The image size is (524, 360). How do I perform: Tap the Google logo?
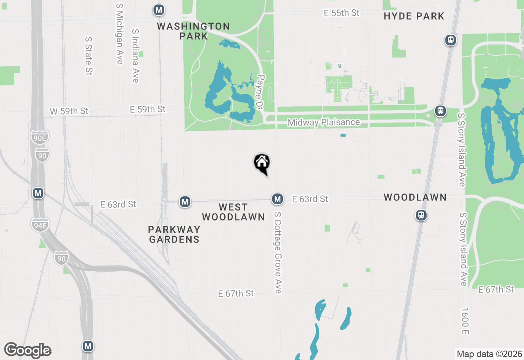[27, 351]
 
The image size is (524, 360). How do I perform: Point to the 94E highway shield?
[40, 225]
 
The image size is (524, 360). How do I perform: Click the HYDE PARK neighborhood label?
[414, 16]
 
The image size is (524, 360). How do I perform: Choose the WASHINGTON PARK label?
[193, 31]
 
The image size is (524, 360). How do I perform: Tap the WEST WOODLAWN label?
[233, 212]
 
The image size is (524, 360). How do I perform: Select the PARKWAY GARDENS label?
[174, 234]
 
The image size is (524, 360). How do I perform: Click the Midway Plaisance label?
[323, 122]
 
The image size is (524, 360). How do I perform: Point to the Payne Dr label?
[260, 92]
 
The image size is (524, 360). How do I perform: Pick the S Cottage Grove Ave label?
[278, 252]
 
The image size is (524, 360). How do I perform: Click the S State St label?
[88, 56]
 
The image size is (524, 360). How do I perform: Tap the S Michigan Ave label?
[120, 34]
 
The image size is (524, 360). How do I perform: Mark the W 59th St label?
[69, 111]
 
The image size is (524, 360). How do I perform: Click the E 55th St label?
[341, 13]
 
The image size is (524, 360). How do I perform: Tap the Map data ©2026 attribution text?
[489, 354]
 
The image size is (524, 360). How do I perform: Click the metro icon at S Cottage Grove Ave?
[278, 199]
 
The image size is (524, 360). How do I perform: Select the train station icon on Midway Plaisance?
[440, 111]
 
